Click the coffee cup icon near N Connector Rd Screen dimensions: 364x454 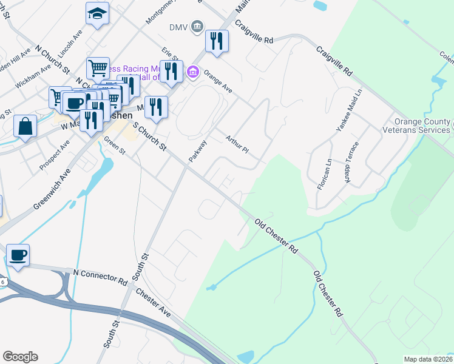click(x=18, y=255)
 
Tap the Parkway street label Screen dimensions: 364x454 click(x=198, y=152)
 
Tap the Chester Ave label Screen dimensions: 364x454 click(x=154, y=302)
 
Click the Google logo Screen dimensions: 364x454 click(x=21, y=357)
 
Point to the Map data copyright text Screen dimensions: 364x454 click(x=428, y=359)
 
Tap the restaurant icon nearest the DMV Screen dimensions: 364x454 click(x=216, y=41)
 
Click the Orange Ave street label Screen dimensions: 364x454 click(x=218, y=82)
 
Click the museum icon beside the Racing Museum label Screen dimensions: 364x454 click(x=193, y=73)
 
